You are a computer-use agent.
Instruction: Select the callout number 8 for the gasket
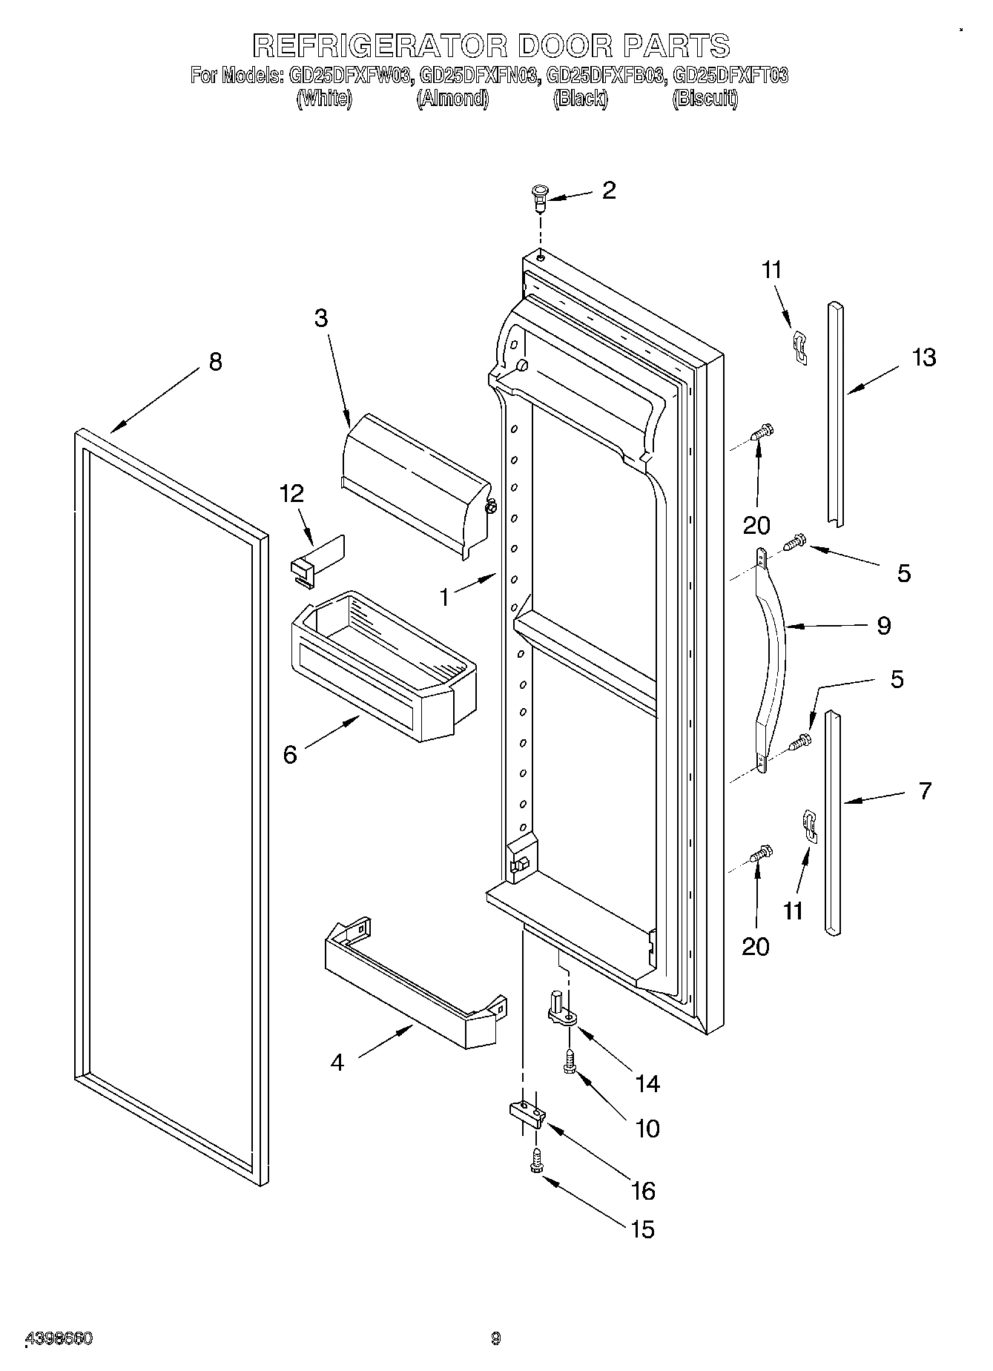point(215,362)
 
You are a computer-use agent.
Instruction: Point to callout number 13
point(924,357)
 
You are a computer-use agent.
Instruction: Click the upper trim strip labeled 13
point(836,415)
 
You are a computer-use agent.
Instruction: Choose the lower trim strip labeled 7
point(832,823)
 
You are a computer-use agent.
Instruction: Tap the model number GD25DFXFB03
point(602,75)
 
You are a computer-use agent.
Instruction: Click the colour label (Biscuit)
point(705,98)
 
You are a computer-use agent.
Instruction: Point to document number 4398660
point(59,1339)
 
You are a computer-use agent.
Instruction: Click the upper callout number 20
point(756,526)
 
